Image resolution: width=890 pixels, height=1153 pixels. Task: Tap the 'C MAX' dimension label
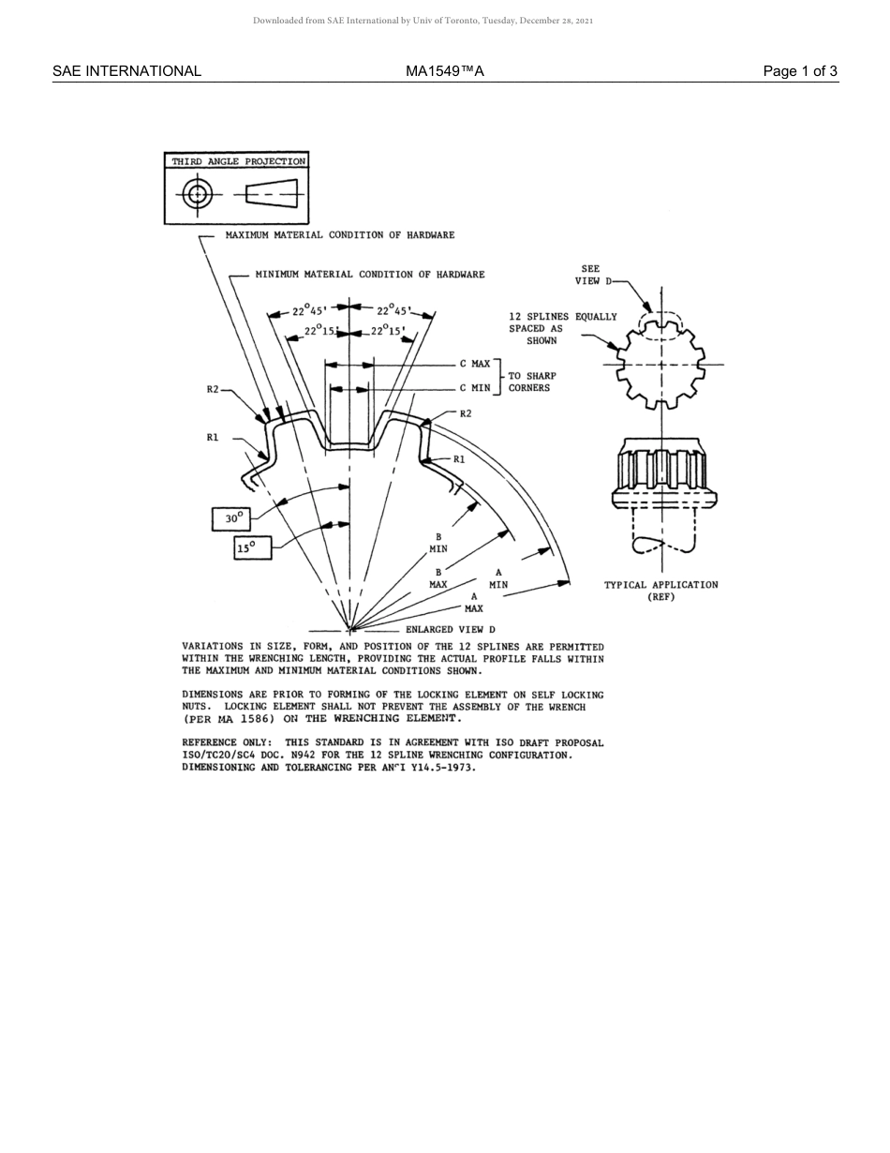tap(474, 364)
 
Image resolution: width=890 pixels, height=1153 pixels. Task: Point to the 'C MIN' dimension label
tap(474, 388)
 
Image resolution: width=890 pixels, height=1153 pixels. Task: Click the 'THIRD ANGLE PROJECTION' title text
tap(238, 161)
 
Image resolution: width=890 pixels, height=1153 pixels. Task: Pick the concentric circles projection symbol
tap(197, 195)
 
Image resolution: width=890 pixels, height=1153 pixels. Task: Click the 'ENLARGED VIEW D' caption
tap(450, 630)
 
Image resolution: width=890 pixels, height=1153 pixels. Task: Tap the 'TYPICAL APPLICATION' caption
tap(660, 585)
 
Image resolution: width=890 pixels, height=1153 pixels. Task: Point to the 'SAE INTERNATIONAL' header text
tap(126, 71)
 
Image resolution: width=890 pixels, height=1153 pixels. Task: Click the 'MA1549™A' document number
tap(445, 71)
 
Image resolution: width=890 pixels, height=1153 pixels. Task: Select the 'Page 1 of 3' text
tap(800, 71)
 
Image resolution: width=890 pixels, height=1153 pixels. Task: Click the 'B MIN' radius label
tap(438, 543)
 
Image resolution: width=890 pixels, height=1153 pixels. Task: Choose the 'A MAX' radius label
tap(474, 602)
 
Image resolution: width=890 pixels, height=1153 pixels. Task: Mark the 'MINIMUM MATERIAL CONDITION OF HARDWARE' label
tap(370, 275)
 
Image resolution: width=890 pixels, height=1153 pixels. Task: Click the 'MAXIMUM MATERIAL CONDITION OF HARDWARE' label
tap(340, 235)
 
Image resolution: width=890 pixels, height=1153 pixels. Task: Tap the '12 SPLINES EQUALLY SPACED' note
tap(562, 328)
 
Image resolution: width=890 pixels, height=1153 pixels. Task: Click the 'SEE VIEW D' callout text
tap(591, 275)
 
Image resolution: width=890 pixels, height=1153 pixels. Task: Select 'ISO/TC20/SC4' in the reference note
tap(214, 755)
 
